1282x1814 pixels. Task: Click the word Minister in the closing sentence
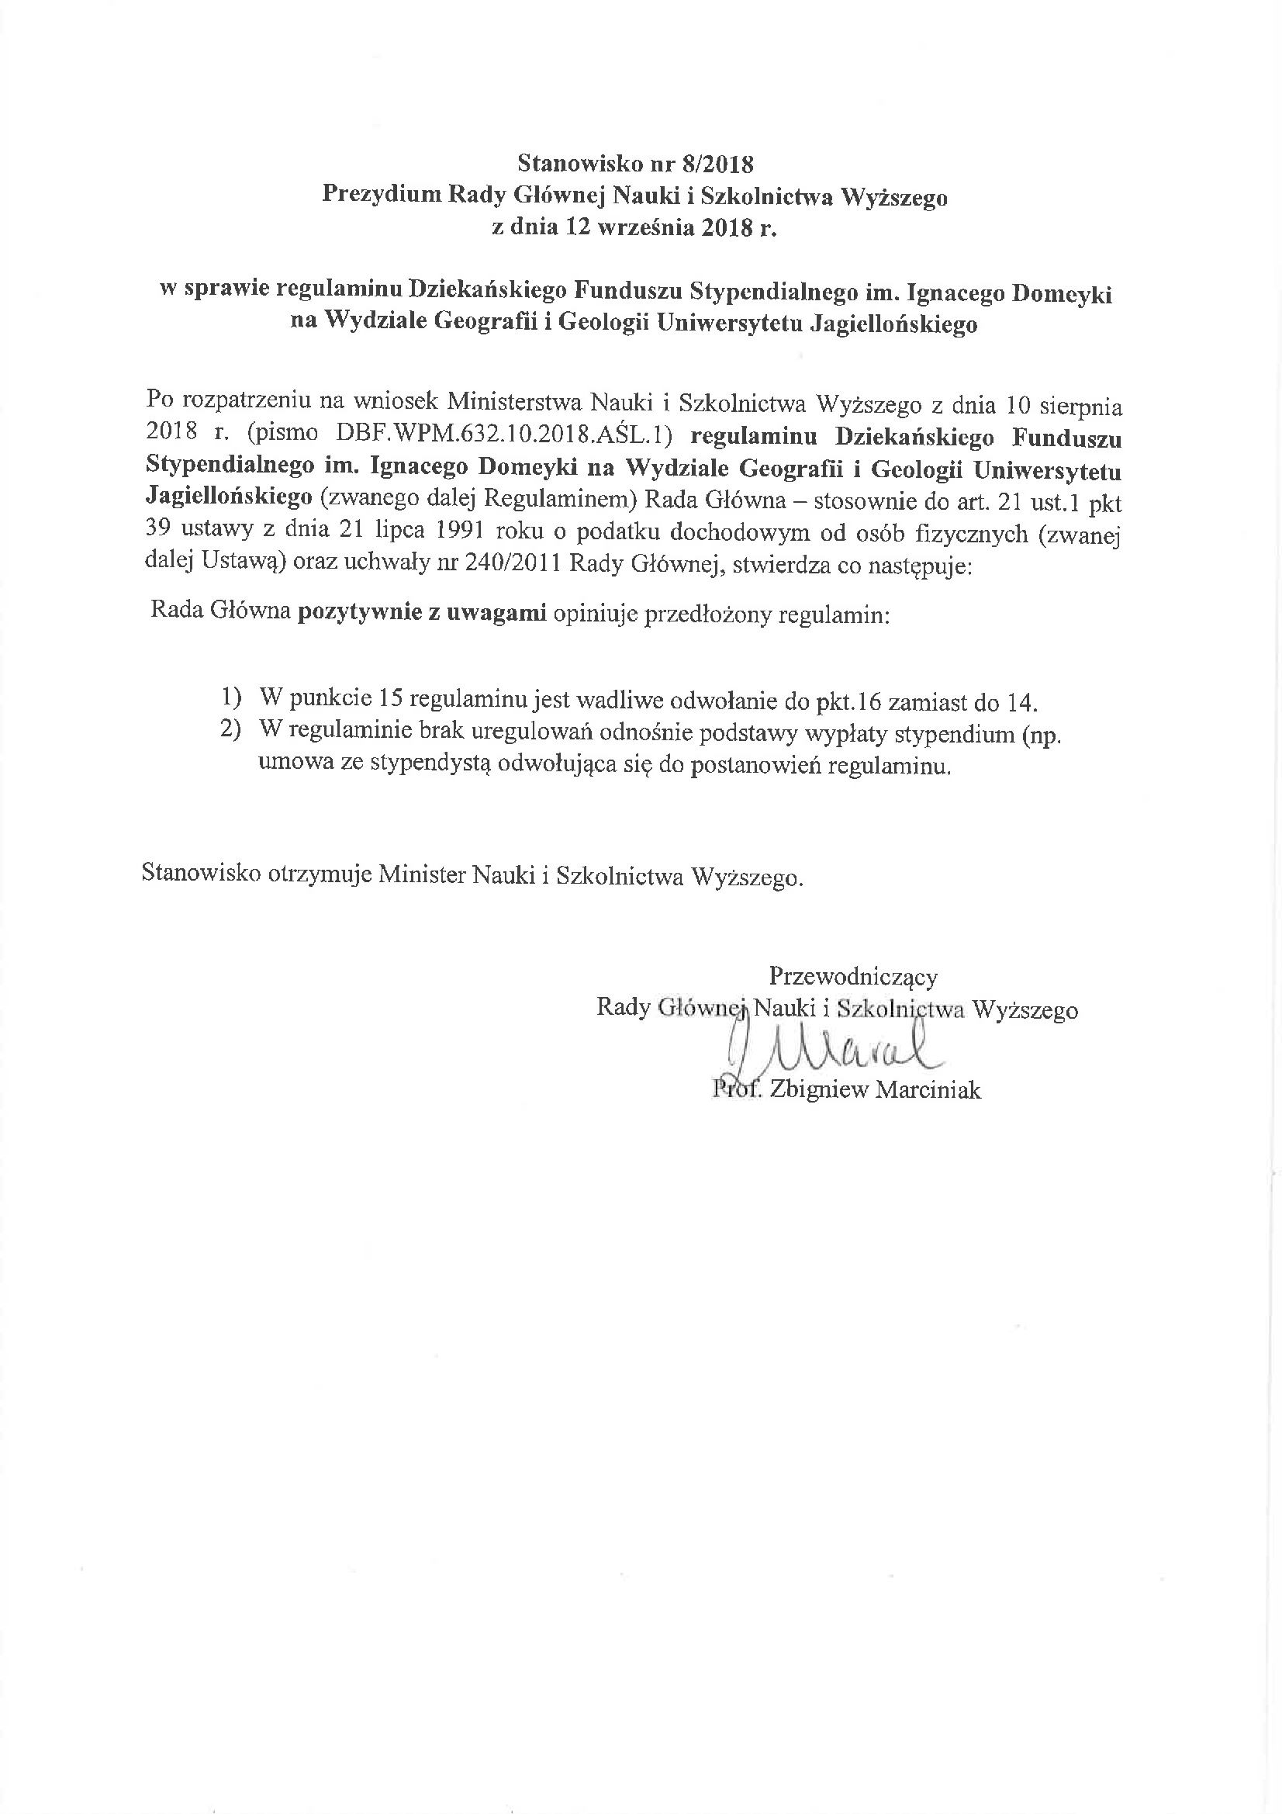(x=421, y=874)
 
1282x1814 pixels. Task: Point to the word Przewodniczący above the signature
(x=853, y=977)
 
